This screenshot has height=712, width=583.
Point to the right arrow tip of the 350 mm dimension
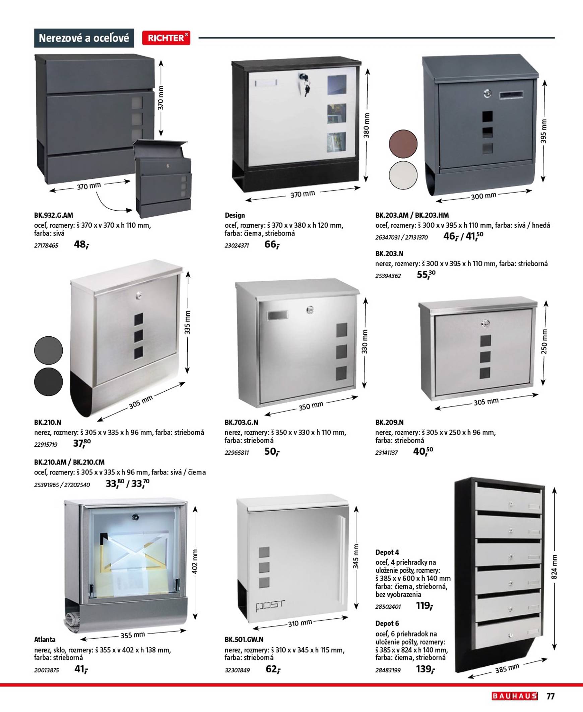[358, 397]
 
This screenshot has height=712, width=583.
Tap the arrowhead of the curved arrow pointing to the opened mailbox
[132, 210]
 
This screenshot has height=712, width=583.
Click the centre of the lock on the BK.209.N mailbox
[485, 324]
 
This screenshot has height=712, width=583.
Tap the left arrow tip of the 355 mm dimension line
[81, 639]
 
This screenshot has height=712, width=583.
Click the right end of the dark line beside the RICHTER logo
[555, 38]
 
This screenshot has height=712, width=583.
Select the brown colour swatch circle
[403, 144]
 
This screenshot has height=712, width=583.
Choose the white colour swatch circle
[403, 175]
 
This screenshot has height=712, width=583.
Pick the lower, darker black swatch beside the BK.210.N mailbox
[48, 382]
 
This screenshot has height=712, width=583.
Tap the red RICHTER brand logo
[166, 38]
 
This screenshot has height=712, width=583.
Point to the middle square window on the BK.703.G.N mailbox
[341, 351]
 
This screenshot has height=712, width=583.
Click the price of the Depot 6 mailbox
[425, 669]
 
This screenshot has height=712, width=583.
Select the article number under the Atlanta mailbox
[46, 670]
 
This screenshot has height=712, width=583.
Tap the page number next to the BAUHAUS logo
[550, 696]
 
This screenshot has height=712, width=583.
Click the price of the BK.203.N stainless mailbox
[426, 275]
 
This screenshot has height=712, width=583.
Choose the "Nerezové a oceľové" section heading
[84, 38]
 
